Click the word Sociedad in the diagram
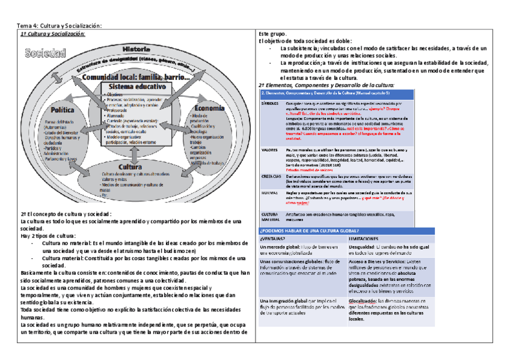click(x=45, y=53)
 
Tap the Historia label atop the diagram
click(x=136, y=47)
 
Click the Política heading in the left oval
click(x=63, y=110)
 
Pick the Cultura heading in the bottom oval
click(x=131, y=166)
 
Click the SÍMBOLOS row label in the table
click(x=270, y=103)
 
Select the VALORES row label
click(x=269, y=150)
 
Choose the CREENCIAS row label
click(x=271, y=177)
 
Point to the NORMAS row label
click(x=268, y=193)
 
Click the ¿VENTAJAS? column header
click(x=272, y=239)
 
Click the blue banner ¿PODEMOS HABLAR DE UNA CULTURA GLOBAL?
click(x=309, y=231)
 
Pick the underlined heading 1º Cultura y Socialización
click(x=54, y=34)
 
